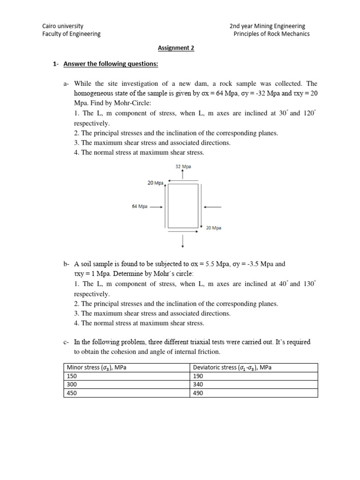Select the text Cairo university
63,26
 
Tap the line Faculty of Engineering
71,34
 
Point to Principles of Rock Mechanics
271,34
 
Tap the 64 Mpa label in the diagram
140,206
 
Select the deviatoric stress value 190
199,376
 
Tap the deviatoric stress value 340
199,384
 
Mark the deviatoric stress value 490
199,393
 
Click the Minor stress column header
97,367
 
